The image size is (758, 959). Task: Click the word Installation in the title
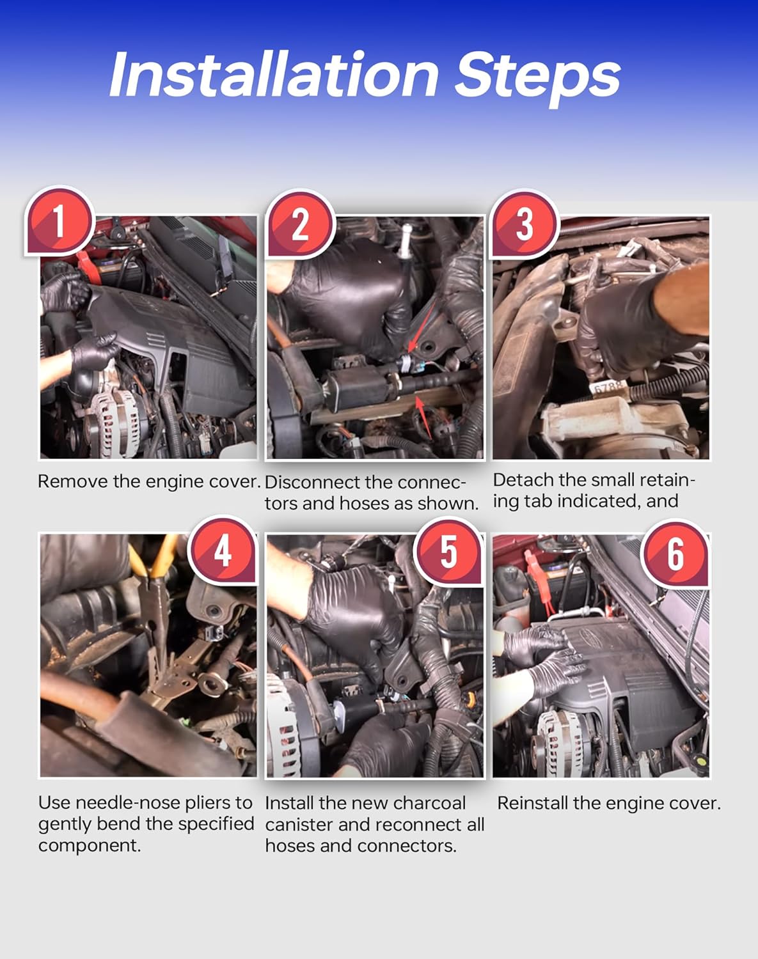[x=274, y=74]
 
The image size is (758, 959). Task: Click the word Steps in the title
[x=537, y=79]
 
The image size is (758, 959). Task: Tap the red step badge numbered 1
[x=59, y=221]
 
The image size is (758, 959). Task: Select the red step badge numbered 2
[x=299, y=224]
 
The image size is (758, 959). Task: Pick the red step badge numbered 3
[x=525, y=224]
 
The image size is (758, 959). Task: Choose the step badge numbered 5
[x=448, y=552]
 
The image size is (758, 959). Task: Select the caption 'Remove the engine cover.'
[x=149, y=481]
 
